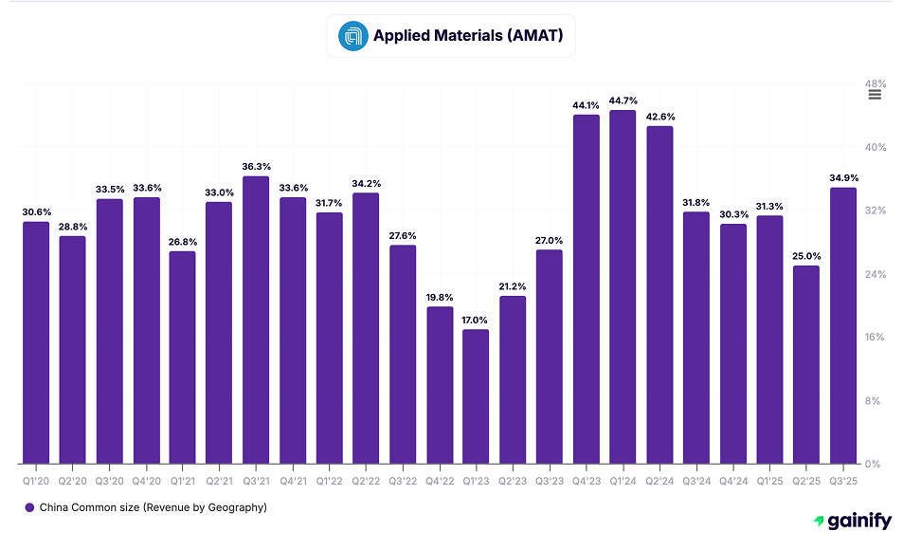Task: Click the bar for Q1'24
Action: pyautogui.click(x=623, y=287)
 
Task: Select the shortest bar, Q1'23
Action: pyautogui.click(x=476, y=396)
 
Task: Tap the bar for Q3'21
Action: pyautogui.click(x=256, y=321)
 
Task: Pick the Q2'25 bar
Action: pyautogui.click(x=805, y=365)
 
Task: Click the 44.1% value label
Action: pyautogui.click(x=586, y=105)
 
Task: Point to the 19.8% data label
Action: pyautogui.click(x=439, y=297)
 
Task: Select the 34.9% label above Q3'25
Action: pyautogui.click(x=842, y=178)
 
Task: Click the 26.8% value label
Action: pyautogui.click(x=182, y=241)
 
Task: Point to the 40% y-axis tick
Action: pyautogui.click(x=876, y=147)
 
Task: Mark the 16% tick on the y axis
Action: pyautogui.click(x=876, y=338)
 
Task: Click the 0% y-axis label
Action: pyautogui.click(x=874, y=464)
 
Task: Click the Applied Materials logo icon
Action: pyautogui.click(x=352, y=36)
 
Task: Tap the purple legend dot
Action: pyautogui.click(x=29, y=507)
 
